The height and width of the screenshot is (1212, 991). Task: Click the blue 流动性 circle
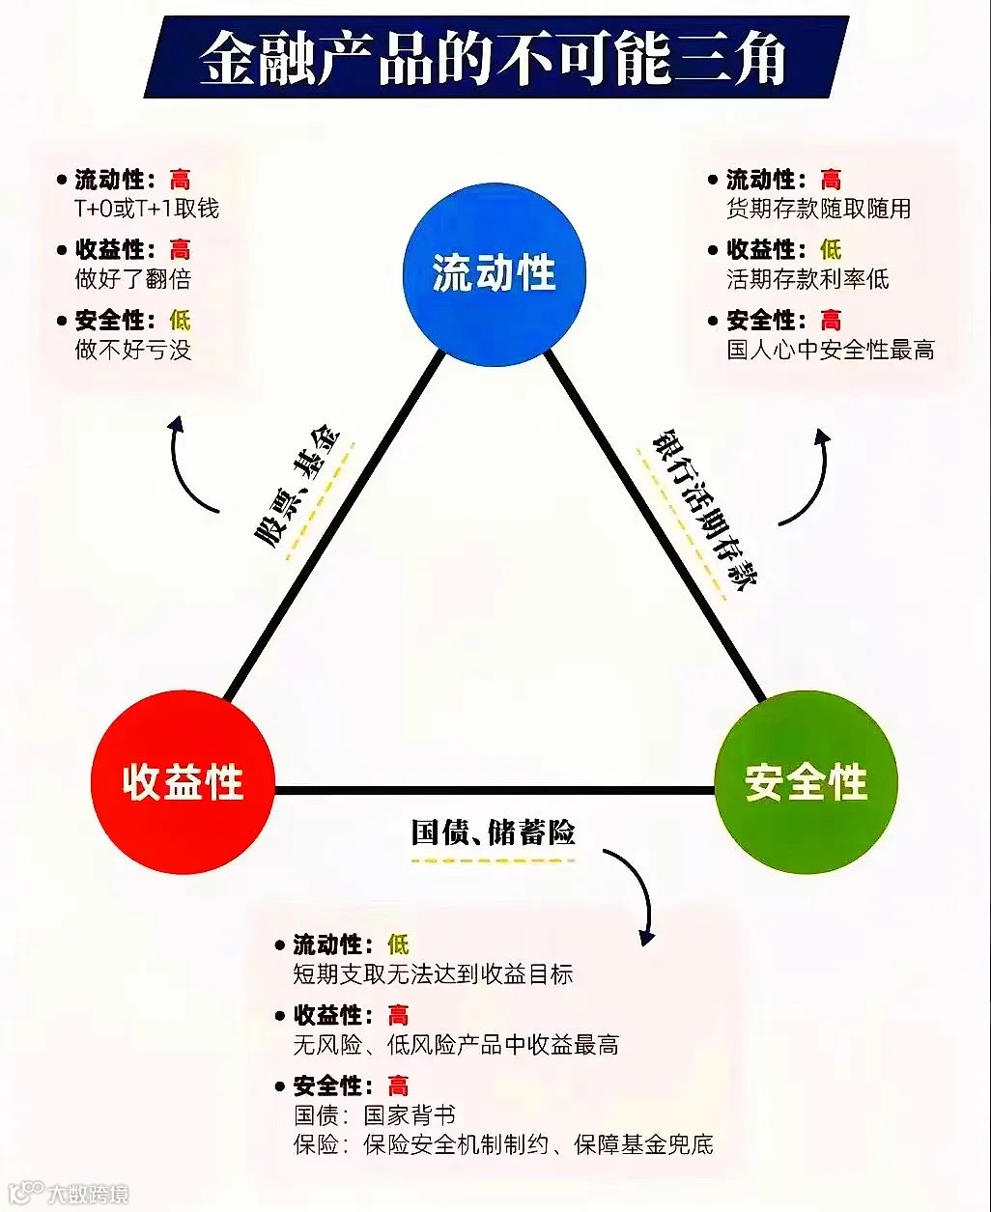[x=494, y=273]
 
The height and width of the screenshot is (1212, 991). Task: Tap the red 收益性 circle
[x=183, y=782]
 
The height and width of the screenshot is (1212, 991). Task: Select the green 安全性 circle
[x=806, y=782]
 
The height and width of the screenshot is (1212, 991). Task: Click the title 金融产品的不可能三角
[x=494, y=57]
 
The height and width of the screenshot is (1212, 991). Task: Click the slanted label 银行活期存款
[x=705, y=508]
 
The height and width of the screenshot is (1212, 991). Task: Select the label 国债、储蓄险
[x=493, y=832]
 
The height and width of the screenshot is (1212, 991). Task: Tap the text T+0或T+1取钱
[x=147, y=209]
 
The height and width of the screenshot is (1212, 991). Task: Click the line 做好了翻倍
[x=133, y=279]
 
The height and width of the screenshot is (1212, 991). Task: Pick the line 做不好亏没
[x=133, y=350]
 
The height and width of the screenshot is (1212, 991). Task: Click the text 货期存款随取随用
[x=818, y=209]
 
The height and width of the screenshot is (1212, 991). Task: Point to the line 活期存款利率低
[x=807, y=279]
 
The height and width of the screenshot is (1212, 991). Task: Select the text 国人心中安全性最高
[x=831, y=350]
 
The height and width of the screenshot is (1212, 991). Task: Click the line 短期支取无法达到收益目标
[x=433, y=974]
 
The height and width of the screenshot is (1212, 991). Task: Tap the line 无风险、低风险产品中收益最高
[x=456, y=1045]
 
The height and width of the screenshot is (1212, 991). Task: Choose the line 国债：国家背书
[x=375, y=1115]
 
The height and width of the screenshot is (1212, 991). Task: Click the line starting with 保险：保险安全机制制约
[x=503, y=1145]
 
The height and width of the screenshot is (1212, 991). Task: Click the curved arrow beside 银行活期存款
[x=809, y=478]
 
